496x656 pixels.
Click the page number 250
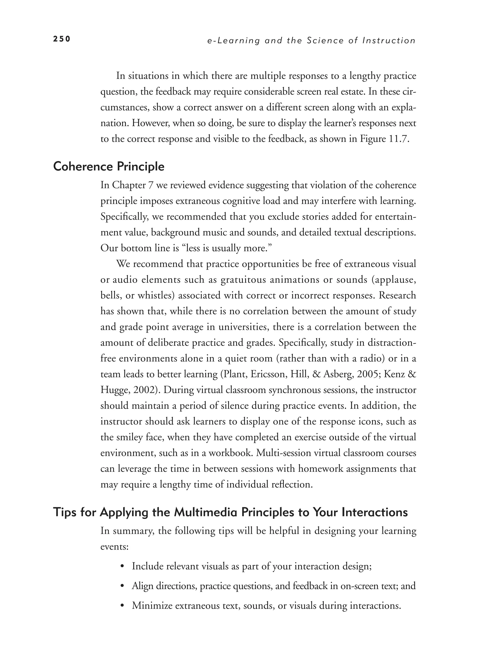pyautogui.click(x=62, y=39)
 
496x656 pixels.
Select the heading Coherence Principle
pyautogui.click(x=108, y=167)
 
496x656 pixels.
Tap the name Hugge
pyautogui.click(x=114, y=390)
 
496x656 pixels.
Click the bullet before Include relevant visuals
pyautogui.click(x=122, y=567)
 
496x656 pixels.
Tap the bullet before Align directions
pyautogui.click(x=122, y=586)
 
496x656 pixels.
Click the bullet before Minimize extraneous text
pyautogui.click(x=122, y=606)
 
